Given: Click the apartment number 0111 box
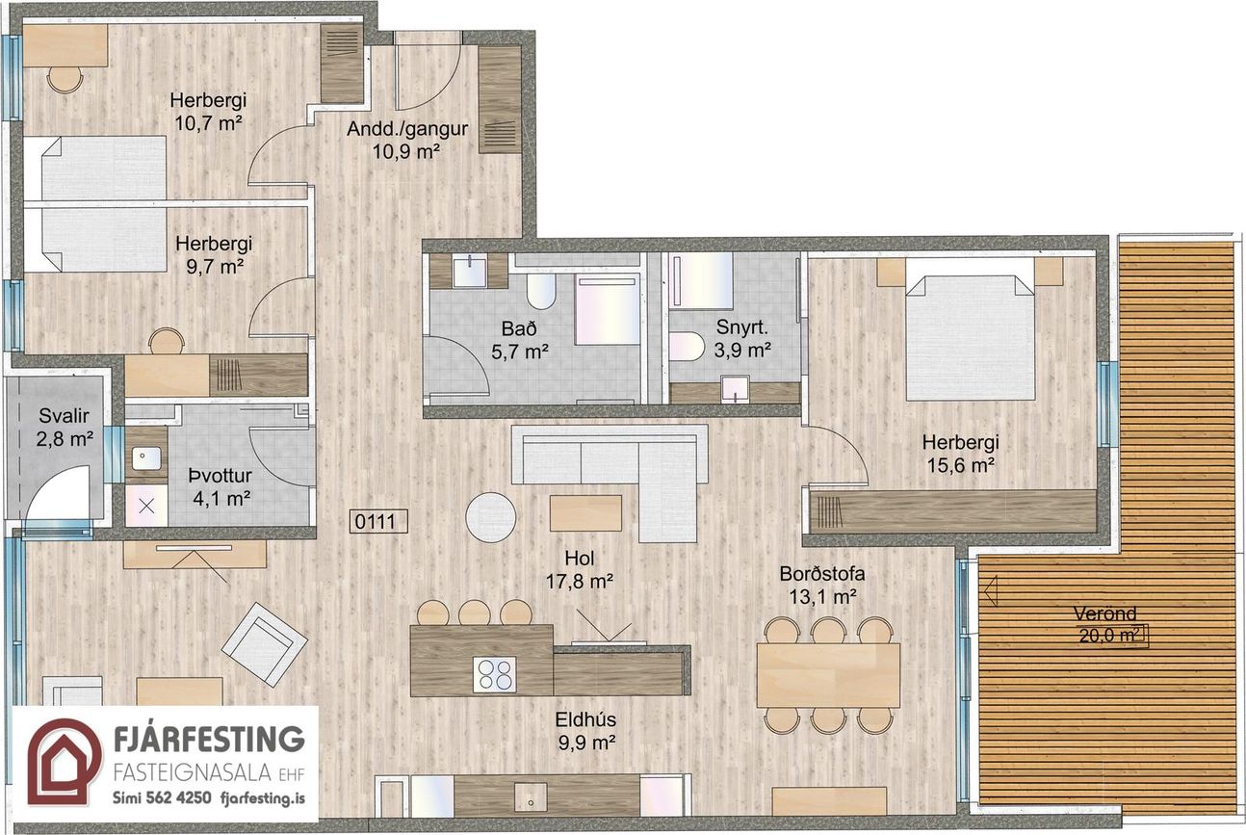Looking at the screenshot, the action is coord(378,521).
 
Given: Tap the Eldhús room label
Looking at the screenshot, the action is coord(585,719).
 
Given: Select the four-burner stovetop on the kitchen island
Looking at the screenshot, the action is coord(495,674).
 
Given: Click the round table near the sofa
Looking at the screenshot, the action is coord(491,517).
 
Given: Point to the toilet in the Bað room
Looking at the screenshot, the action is coord(541,291).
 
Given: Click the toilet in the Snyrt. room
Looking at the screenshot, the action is coord(687,346).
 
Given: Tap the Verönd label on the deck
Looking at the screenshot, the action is coord(1104,614).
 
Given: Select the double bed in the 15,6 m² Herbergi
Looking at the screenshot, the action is coord(970,337).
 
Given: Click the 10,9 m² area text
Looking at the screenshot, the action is coord(406,151).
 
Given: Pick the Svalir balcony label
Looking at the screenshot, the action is coord(64,415).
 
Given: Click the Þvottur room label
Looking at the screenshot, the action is coord(220,476).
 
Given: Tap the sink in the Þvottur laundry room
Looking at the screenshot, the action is coord(146,458).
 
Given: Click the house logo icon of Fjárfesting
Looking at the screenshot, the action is coord(65,761).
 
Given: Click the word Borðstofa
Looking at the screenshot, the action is coord(822,574).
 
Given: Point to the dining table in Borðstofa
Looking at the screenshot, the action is coord(828,675).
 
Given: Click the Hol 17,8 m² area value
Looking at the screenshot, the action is coord(579,582).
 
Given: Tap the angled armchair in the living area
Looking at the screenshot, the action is coord(265,645).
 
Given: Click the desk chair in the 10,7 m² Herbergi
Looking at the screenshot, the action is coord(65,78).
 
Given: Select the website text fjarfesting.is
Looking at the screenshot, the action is coord(263,798).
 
